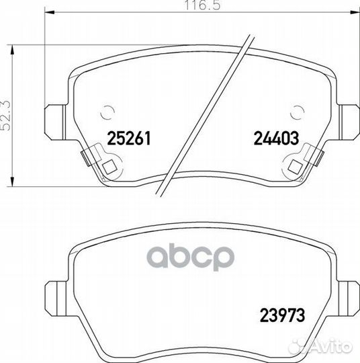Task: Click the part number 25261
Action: (x=129, y=138)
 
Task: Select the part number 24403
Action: (x=276, y=138)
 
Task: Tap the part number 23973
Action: (x=282, y=315)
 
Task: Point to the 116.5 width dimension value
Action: (x=202, y=5)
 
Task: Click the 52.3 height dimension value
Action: (x=5, y=116)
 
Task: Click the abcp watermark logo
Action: (x=191, y=257)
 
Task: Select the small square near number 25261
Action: (x=109, y=167)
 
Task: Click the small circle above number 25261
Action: (x=107, y=113)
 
